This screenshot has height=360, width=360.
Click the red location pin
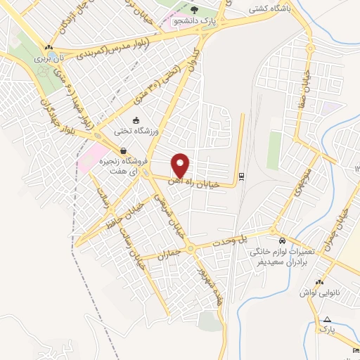(x=181, y=166)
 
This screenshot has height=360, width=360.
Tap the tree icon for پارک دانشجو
(x=195, y=10)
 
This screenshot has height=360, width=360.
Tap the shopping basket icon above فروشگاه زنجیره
(x=123, y=150)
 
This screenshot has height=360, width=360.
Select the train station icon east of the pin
(x=242, y=176)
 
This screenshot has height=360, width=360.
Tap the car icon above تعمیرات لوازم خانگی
(x=280, y=239)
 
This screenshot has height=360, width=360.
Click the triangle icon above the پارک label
(x=326, y=320)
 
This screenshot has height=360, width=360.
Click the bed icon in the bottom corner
(x=354, y=350)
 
